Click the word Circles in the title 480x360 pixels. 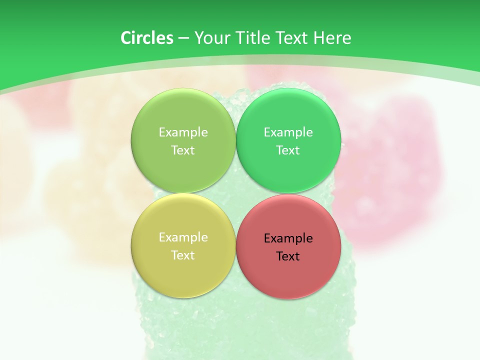(x=146, y=38)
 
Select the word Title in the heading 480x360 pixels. (x=253, y=38)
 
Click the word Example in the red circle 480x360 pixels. (x=288, y=238)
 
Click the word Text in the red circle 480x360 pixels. (x=288, y=256)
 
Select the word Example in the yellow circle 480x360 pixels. (x=183, y=237)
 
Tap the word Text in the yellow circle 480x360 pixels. (x=183, y=255)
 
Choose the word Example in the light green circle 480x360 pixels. (x=183, y=132)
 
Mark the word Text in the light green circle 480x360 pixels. (x=183, y=150)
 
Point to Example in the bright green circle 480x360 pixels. (x=288, y=132)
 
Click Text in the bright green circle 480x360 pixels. (x=288, y=150)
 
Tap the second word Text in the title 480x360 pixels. (x=293, y=38)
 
